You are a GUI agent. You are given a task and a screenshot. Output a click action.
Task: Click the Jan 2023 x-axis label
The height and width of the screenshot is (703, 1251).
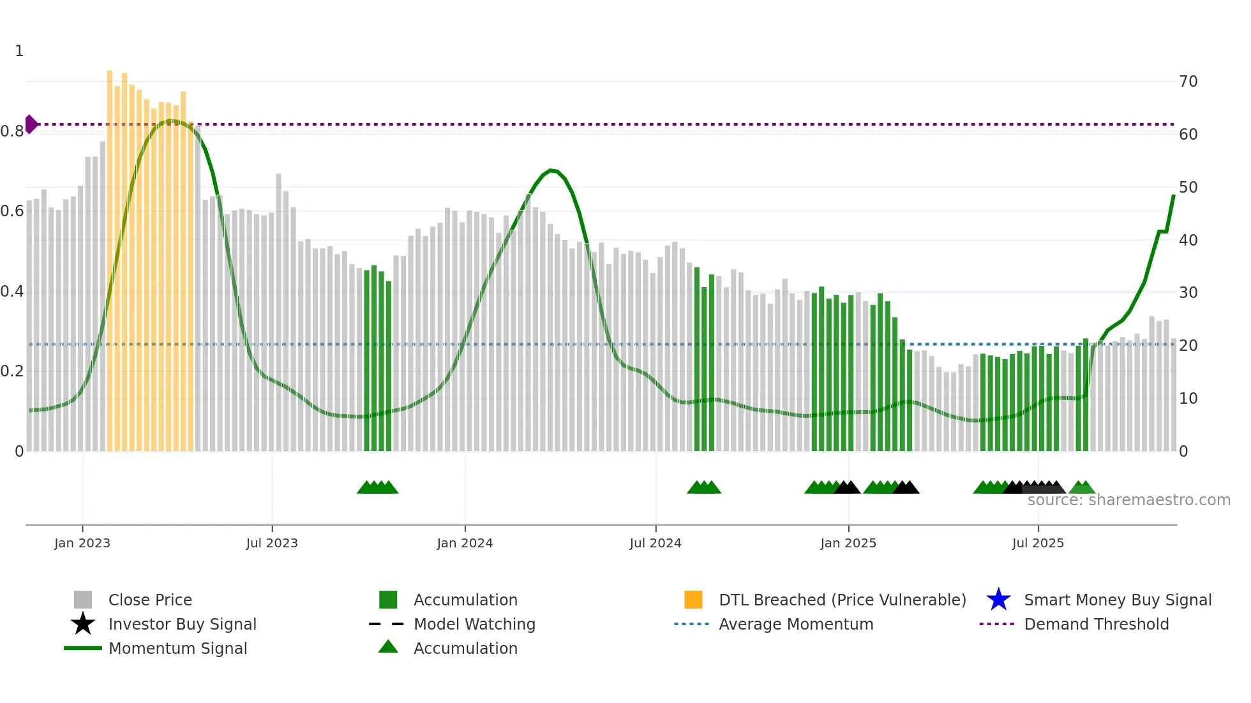82,543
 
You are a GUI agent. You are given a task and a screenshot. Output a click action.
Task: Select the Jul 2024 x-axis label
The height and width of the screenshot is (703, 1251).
655,543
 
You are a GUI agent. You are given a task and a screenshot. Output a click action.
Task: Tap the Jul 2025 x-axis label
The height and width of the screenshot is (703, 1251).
1038,543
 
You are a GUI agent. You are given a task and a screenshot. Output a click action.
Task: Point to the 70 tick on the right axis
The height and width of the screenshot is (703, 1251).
1188,82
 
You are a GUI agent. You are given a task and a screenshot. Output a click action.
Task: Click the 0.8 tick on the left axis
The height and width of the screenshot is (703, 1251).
12,131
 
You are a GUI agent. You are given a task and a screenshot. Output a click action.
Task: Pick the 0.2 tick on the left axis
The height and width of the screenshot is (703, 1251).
12,371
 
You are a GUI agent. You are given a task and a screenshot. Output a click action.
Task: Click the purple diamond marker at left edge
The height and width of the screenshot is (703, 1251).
31,124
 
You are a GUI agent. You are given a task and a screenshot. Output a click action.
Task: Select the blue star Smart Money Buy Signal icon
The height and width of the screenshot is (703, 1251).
998,600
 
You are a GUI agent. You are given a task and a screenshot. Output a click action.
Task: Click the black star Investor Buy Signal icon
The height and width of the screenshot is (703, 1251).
83,624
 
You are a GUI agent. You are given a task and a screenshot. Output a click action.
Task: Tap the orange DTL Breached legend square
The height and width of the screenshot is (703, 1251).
693,600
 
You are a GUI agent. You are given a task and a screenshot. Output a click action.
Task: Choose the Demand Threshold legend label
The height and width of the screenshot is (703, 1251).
1096,624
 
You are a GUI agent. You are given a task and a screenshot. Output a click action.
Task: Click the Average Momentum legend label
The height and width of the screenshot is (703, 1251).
796,624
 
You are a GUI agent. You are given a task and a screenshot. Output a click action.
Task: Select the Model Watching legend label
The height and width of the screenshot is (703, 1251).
474,624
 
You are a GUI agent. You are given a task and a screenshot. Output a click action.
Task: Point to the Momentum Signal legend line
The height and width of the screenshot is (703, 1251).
83,648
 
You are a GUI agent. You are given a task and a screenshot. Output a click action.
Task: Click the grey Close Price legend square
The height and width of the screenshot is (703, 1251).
83,600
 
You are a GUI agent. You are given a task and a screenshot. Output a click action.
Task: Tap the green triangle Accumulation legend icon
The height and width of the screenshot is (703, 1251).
388,647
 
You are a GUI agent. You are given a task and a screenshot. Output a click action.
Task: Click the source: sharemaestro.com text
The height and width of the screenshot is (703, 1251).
1128,500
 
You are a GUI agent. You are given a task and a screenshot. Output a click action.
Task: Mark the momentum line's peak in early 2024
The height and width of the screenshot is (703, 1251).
551,170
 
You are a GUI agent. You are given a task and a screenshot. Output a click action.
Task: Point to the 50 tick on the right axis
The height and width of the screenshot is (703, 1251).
1188,188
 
